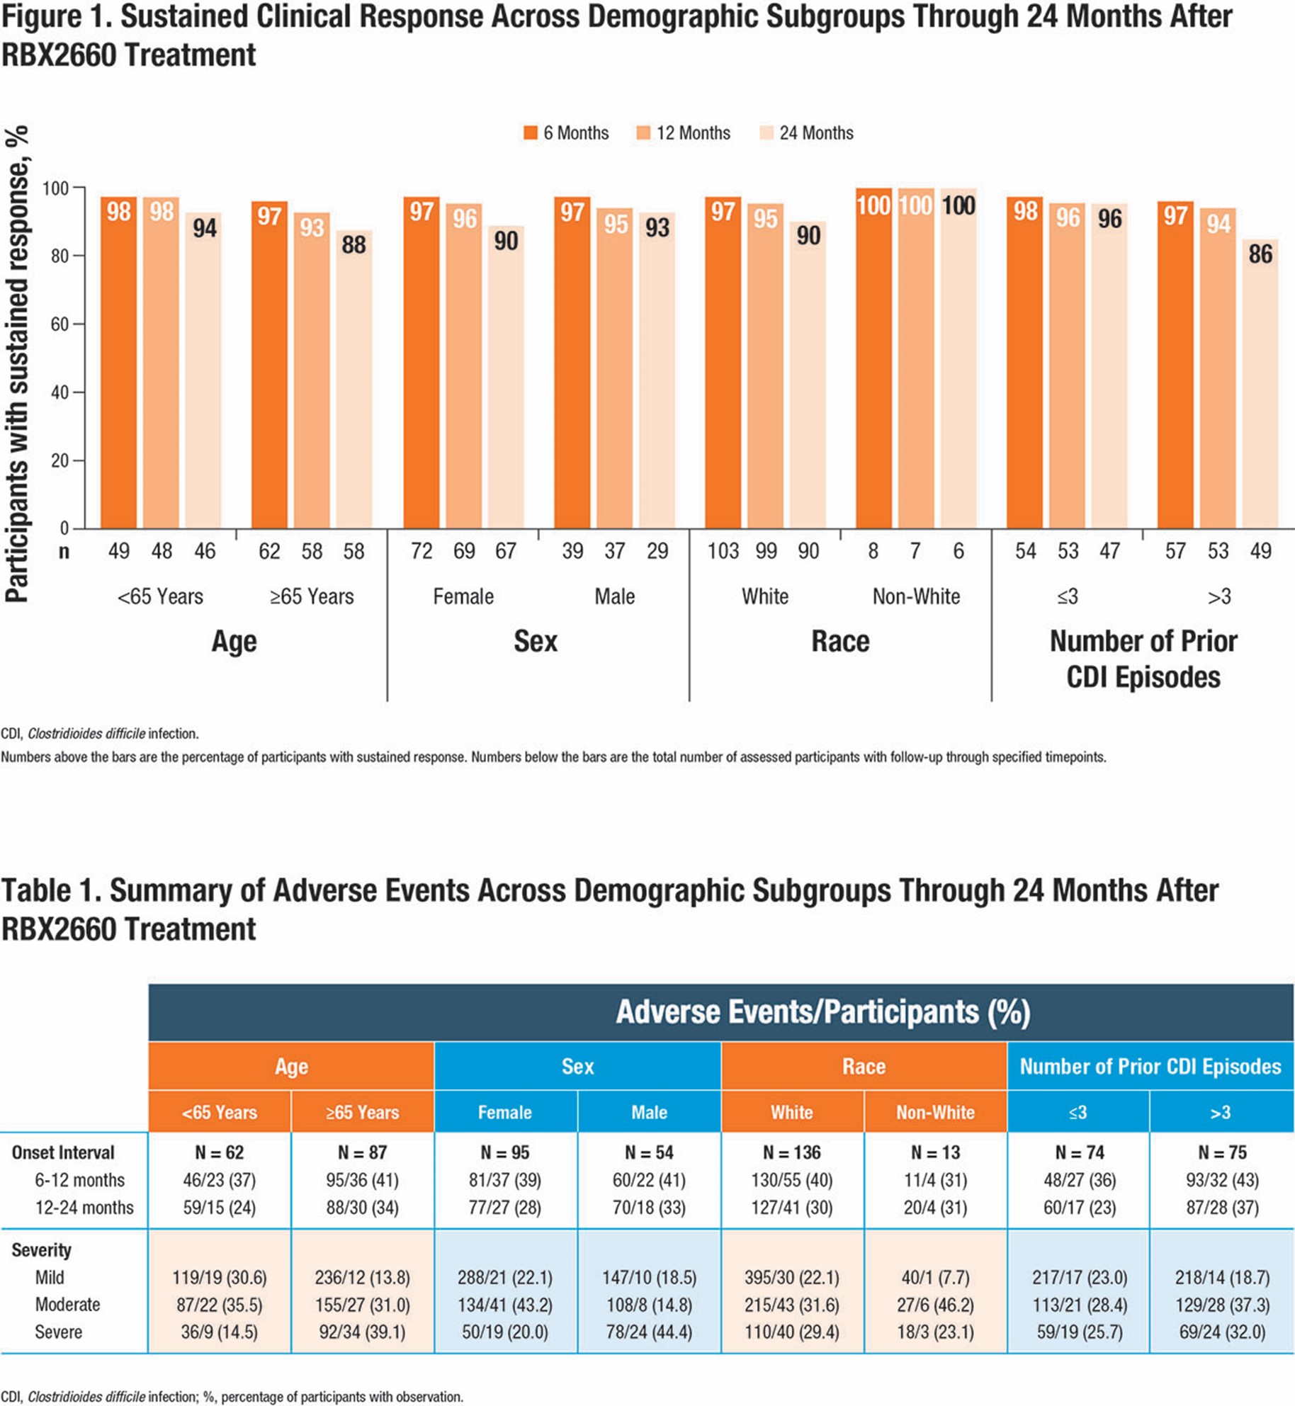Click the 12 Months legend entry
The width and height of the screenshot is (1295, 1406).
coord(683,133)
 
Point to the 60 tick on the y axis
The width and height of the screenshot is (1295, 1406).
coord(60,324)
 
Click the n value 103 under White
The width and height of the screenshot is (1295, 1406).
coord(723,551)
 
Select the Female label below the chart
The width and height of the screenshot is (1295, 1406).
coord(463,596)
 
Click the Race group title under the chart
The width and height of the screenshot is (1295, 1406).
coord(840,641)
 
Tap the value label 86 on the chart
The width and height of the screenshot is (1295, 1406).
coord(1260,254)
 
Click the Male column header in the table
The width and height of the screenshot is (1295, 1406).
coord(649,1112)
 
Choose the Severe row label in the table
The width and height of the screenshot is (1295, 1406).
coord(59,1332)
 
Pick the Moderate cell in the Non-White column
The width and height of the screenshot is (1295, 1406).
coord(935,1304)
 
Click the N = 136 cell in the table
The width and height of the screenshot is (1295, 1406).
coord(791,1152)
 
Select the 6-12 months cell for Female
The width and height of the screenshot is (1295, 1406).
coord(504,1180)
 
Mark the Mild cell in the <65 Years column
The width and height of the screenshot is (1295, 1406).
coord(220,1277)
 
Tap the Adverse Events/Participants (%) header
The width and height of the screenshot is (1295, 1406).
coord(822,1011)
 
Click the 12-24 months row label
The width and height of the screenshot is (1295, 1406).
coord(84,1207)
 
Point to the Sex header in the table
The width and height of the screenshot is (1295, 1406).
coord(577,1066)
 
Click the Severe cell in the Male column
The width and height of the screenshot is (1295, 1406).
coord(649,1332)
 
